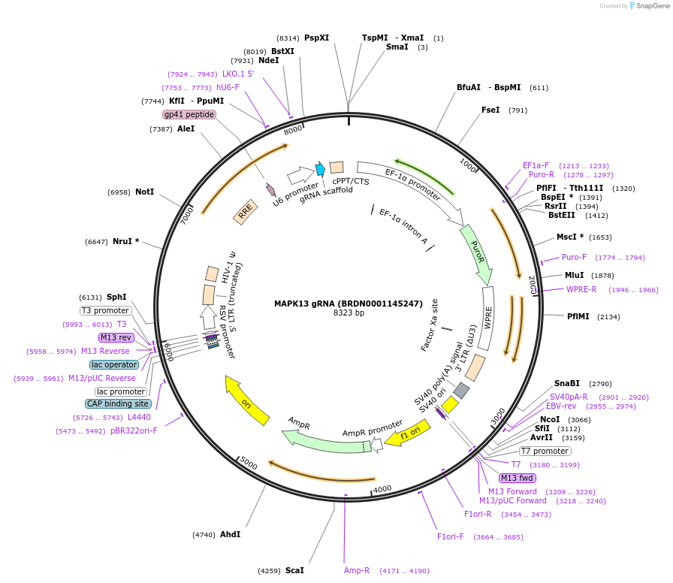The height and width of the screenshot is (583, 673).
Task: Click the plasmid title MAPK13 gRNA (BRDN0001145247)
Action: (348, 304)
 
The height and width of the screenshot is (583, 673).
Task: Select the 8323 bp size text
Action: (349, 313)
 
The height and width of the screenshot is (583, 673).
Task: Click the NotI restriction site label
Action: (144, 192)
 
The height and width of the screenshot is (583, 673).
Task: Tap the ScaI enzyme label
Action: (294, 571)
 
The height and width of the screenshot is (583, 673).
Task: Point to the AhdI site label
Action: (230, 535)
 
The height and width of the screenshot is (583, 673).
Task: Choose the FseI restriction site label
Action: (490, 110)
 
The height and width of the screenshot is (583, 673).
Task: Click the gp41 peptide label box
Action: (189, 114)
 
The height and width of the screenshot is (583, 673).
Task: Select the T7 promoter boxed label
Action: (545, 451)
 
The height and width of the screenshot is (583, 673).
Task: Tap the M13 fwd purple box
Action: (518, 478)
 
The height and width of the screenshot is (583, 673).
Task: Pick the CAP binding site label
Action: (118, 403)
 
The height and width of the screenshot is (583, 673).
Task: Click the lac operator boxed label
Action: (114, 364)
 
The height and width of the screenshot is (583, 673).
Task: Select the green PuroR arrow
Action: (476, 253)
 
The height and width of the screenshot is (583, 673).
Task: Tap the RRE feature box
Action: (245, 214)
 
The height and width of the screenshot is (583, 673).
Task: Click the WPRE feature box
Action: (487, 319)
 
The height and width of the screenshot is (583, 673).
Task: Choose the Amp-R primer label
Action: (357, 571)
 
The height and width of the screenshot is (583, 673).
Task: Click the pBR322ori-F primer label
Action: (134, 430)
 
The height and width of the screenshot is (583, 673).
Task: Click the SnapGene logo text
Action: (649, 6)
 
